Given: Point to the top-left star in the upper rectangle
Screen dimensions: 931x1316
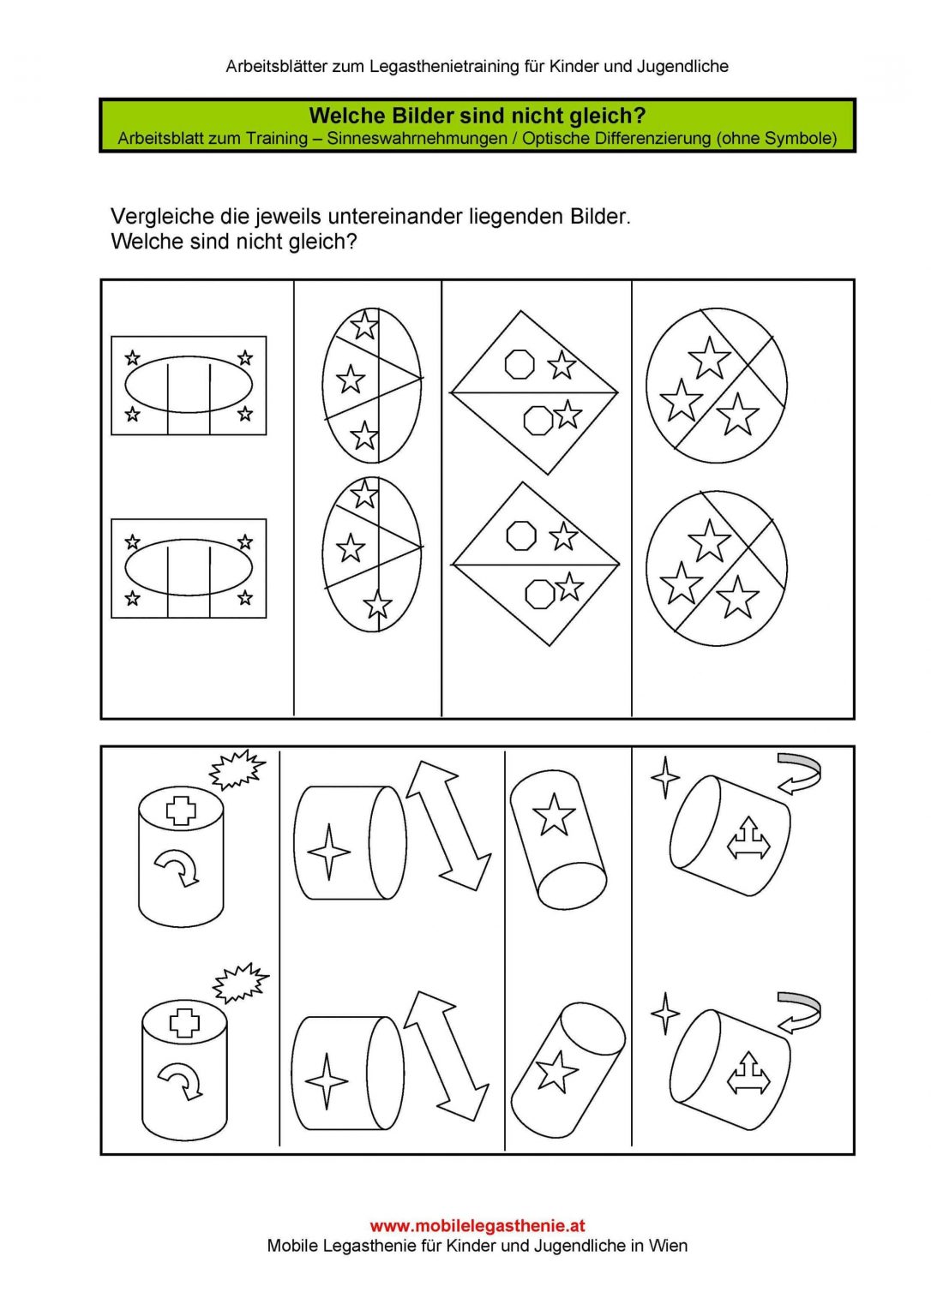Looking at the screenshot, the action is [133, 357].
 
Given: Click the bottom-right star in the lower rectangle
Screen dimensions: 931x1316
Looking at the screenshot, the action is [245, 598].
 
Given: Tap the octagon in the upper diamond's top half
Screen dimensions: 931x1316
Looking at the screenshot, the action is [520, 363].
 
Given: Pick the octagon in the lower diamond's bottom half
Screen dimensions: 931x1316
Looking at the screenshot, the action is [540, 594].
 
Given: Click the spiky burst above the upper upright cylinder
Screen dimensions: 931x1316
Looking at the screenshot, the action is [237, 769].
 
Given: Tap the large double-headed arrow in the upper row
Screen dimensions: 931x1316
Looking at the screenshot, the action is [447, 827].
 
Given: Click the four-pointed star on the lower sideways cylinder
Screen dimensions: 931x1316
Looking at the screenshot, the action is [327, 1081].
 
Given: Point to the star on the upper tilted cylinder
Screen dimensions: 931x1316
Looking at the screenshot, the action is [553, 814].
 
